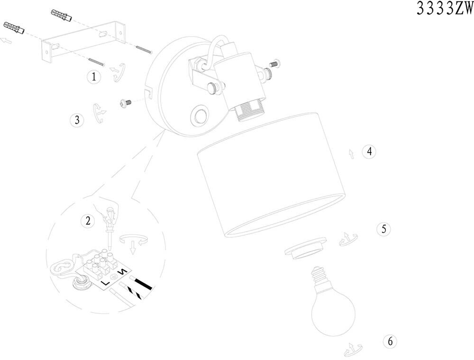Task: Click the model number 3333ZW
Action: pos(444,9)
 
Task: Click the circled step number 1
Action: pos(94,76)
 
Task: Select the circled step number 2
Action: pos(87,220)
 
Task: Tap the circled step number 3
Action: pos(77,120)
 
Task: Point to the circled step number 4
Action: pos(369,152)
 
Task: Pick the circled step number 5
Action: pos(383,229)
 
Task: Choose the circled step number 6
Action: pos(390,341)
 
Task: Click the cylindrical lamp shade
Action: pos(270,175)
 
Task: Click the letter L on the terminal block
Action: pos(105,283)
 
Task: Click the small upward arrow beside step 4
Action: pos(351,153)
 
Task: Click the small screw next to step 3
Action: pos(125,102)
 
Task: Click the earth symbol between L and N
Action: pos(114,277)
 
